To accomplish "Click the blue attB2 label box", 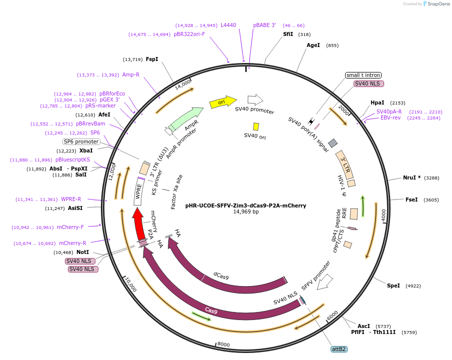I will (x=339, y=348).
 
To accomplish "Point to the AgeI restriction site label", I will (x=313, y=45).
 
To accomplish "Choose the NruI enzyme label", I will (x=412, y=177).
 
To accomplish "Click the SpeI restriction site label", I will (x=394, y=285).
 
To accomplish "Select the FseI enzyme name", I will (x=412, y=199).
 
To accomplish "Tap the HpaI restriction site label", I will (x=377, y=102).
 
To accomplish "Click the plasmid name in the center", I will (x=246, y=205).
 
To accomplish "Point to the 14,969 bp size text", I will (x=246, y=212).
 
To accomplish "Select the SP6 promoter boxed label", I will (x=81, y=141).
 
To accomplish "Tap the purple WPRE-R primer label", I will (x=71, y=199).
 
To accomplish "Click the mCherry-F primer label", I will (x=70, y=227).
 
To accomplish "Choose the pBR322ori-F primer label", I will (x=189, y=34).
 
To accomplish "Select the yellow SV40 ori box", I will (x=256, y=127).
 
